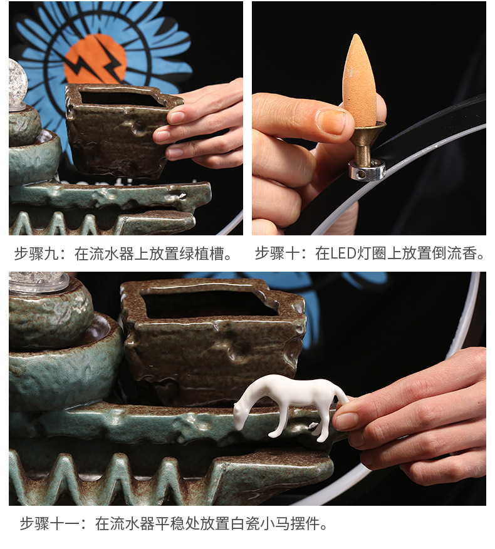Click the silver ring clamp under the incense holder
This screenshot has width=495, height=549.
click(x=367, y=170)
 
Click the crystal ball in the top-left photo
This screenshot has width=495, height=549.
click(x=17, y=81)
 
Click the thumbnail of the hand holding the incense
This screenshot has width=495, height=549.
click(x=368, y=118)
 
